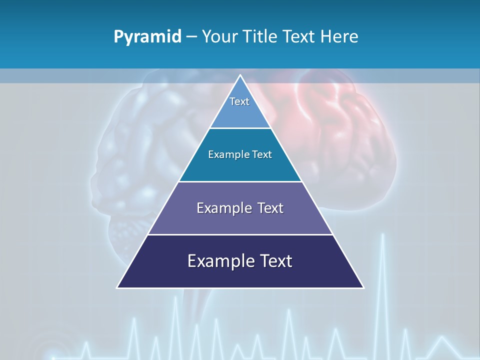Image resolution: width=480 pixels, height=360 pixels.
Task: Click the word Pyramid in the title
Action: click(147, 37)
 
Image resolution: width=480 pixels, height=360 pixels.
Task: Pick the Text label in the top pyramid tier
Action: click(239, 101)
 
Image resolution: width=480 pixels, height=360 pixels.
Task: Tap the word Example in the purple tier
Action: click(224, 208)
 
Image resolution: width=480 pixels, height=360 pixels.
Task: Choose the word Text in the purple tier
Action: click(270, 208)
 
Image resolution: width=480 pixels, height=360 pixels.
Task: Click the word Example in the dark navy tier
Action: click(219, 261)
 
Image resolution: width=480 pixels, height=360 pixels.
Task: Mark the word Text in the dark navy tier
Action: click(275, 261)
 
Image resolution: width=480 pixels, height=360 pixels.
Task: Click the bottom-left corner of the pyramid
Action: click(117, 287)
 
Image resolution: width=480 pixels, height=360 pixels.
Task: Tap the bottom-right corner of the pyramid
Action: click(363, 287)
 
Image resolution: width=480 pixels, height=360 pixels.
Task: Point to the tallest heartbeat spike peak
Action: click(383, 235)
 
